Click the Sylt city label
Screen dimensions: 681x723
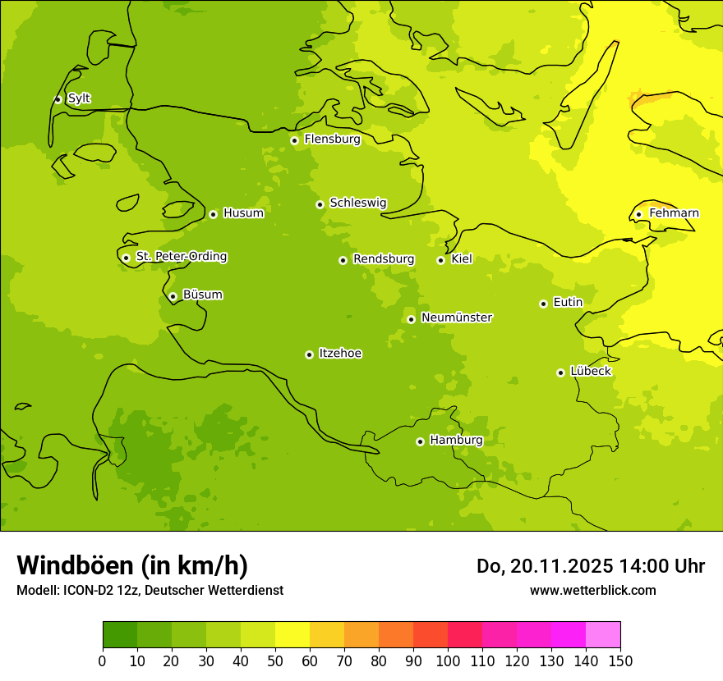click(x=79, y=98)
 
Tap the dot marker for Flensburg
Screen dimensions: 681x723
click(x=294, y=140)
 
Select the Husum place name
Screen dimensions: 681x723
click(x=243, y=213)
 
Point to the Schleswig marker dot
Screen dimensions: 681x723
click(x=320, y=204)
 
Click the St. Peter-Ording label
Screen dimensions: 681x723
click(x=182, y=257)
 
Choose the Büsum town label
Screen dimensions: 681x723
click(x=202, y=295)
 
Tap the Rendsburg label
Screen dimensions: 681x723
click(x=384, y=259)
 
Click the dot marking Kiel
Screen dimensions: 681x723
click(x=440, y=260)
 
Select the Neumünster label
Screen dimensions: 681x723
click(x=457, y=318)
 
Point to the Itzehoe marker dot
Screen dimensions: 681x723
click(x=309, y=354)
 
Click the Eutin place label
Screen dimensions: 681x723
click(x=568, y=303)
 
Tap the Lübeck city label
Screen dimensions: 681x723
click(x=590, y=371)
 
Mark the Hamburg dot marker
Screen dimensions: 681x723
click(x=420, y=441)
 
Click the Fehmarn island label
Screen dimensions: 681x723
click(x=674, y=213)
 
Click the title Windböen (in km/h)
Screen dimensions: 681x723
click(x=132, y=565)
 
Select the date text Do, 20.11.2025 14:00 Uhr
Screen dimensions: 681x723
click(x=590, y=566)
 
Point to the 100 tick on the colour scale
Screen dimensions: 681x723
click(x=448, y=660)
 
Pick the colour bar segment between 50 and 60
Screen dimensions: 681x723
click(x=292, y=635)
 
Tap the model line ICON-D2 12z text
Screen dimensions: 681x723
click(x=150, y=590)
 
